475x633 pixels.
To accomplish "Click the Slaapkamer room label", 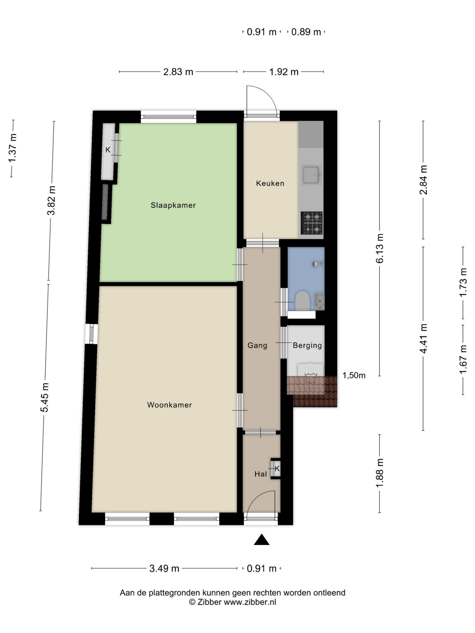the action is [x=173, y=205].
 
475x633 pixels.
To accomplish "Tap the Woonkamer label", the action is [x=169, y=405].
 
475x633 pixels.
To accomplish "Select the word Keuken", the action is [x=270, y=183].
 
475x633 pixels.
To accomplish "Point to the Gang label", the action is [x=257, y=345].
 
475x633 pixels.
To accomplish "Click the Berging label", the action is [x=307, y=346].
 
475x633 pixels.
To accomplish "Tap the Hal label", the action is [x=261, y=474].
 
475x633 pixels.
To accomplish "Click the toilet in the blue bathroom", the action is [x=302, y=300].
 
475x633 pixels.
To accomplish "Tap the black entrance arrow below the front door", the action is [x=262, y=540].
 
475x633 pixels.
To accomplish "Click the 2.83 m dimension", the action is [x=178, y=72].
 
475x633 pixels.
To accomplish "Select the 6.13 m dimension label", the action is [x=380, y=248].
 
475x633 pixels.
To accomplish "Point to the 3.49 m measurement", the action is [x=164, y=568].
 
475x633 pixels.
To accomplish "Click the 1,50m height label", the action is [x=354, y=375].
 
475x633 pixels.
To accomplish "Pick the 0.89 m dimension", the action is [x=306, y=32].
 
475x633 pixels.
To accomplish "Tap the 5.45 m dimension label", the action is [x=45, y=397].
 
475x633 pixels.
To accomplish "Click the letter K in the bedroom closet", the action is [x=108, y=150].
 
